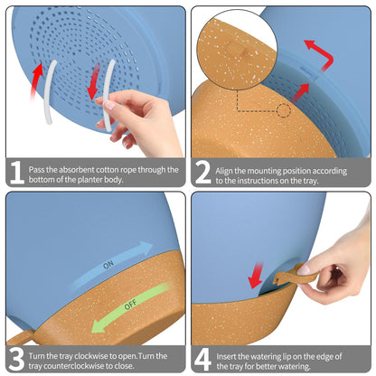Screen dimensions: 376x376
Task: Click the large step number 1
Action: click(x=17, y=173)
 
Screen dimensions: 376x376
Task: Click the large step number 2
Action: click(x=202, y=173)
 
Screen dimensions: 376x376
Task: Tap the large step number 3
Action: click(x=16, y=359)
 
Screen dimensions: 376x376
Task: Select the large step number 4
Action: click(x=202, y=360)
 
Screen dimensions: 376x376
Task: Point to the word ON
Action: click(x=108, y=265)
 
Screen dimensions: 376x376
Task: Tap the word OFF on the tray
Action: click(x=131, y=305)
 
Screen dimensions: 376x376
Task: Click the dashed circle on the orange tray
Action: click(x=284, y=110)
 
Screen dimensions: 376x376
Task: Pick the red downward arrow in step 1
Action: click(x=94, y=80)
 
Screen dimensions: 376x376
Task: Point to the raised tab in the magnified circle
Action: click(x=236, y=49)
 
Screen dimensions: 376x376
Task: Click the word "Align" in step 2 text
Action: click(x=224, y=171)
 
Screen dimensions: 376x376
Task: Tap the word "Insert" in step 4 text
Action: click(x=226, y=356)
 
